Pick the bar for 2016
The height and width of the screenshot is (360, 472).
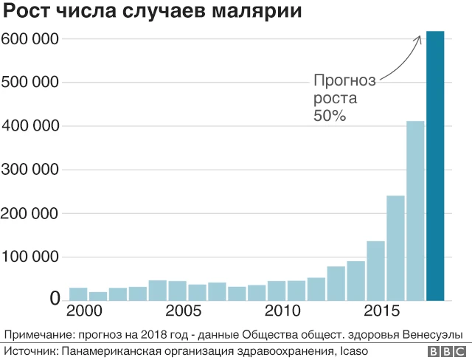coord(395,248)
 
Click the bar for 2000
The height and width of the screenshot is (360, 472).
coord(78,294)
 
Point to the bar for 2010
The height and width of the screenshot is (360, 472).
coord(277,291)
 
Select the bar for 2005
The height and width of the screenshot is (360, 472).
coord(178,291)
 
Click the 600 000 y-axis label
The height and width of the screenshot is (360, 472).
coord(29,39)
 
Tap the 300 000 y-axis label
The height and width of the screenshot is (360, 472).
coord(29,170)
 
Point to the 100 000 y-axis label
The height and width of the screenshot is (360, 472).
coord(29,257)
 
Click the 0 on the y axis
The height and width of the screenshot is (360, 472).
coord(55,299)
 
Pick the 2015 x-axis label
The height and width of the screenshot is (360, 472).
coord(382,311)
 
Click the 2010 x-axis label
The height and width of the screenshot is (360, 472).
coord(282,311)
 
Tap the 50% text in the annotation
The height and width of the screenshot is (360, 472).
coord(330,116)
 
